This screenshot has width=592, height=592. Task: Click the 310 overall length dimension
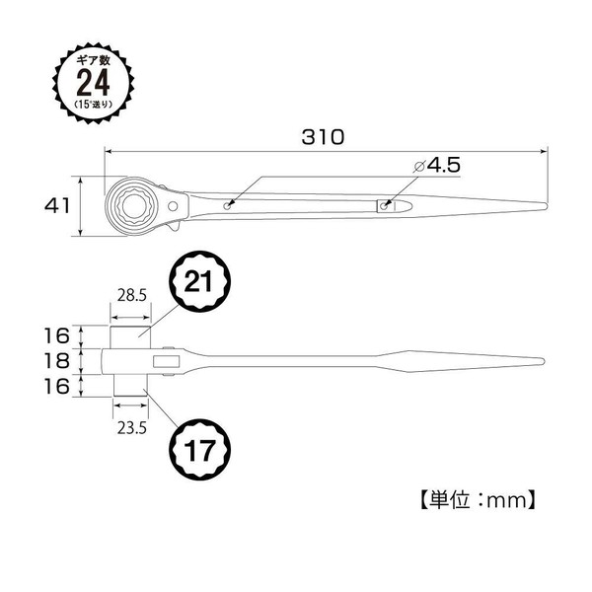(x=324, y=137)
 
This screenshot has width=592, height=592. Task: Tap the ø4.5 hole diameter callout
(x=437, y=166)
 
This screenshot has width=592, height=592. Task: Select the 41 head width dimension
(x=57, y=206)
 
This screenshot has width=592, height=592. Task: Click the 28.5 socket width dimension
(x=131, y=295)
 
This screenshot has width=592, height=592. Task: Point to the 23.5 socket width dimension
(x=131, y=428)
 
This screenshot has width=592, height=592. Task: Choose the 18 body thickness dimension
(x=57, y=361)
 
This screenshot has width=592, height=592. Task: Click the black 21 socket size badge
(x=199, y=281)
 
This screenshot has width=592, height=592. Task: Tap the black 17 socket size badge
(x=199, y=450)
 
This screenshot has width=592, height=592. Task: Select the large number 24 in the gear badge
(x=93, y=82)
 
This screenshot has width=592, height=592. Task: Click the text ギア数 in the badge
(x=94, y=61)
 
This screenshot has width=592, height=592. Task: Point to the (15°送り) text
(x=94, y=105)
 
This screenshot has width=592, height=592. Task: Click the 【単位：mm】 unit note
(x=478, y=500)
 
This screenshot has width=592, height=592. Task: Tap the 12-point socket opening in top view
(x=134, y=206)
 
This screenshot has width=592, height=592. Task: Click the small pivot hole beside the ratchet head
(x=173, y=206)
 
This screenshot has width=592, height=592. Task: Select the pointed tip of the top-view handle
(x=547, y=206)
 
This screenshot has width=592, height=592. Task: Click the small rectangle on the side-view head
(x=166, y=361)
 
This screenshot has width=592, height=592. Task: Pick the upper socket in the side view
(x=130, y=336)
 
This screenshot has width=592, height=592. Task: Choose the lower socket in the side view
(x=130, y=385)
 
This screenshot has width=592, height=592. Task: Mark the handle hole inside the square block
(x=384, y=206)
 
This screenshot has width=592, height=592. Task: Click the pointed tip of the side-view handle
(x=544, y=361)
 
